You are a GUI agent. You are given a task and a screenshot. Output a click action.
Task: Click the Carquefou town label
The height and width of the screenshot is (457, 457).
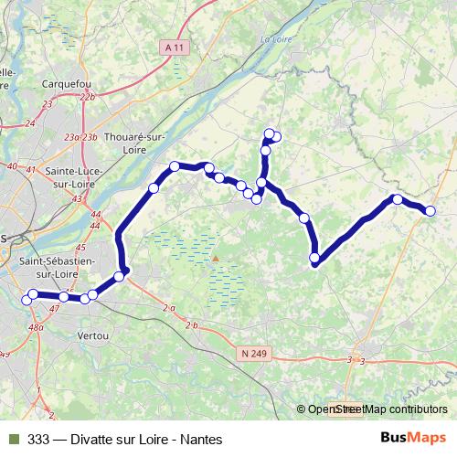pyautogui.click(x=67, y=83)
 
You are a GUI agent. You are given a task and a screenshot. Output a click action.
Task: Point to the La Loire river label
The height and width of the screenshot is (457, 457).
pyautogui.click(x=274, y=38)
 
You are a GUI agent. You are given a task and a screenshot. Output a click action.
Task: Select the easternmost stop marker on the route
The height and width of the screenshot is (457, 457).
pyautogui.click(x=430, y=211)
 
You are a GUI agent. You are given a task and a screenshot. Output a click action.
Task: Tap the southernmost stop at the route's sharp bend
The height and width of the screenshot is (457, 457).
pyautogui.click(x=315, y=259)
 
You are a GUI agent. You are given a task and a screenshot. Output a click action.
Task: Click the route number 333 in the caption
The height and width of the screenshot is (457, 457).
pyautogui.click(x=39, y=439)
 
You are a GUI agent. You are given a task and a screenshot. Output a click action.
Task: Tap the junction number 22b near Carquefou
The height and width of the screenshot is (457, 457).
pyautogui.click(x=88, y=96)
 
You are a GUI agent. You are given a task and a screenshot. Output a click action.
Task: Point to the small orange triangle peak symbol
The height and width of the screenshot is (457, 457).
pyautogui.click(x=216, y=258)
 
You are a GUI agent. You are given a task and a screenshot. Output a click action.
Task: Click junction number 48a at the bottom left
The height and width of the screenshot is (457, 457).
pyautogui.click(x=36, y=326)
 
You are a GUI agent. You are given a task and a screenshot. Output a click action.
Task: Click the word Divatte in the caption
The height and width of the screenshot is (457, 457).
pyautogui.click(x=97, y=439)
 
